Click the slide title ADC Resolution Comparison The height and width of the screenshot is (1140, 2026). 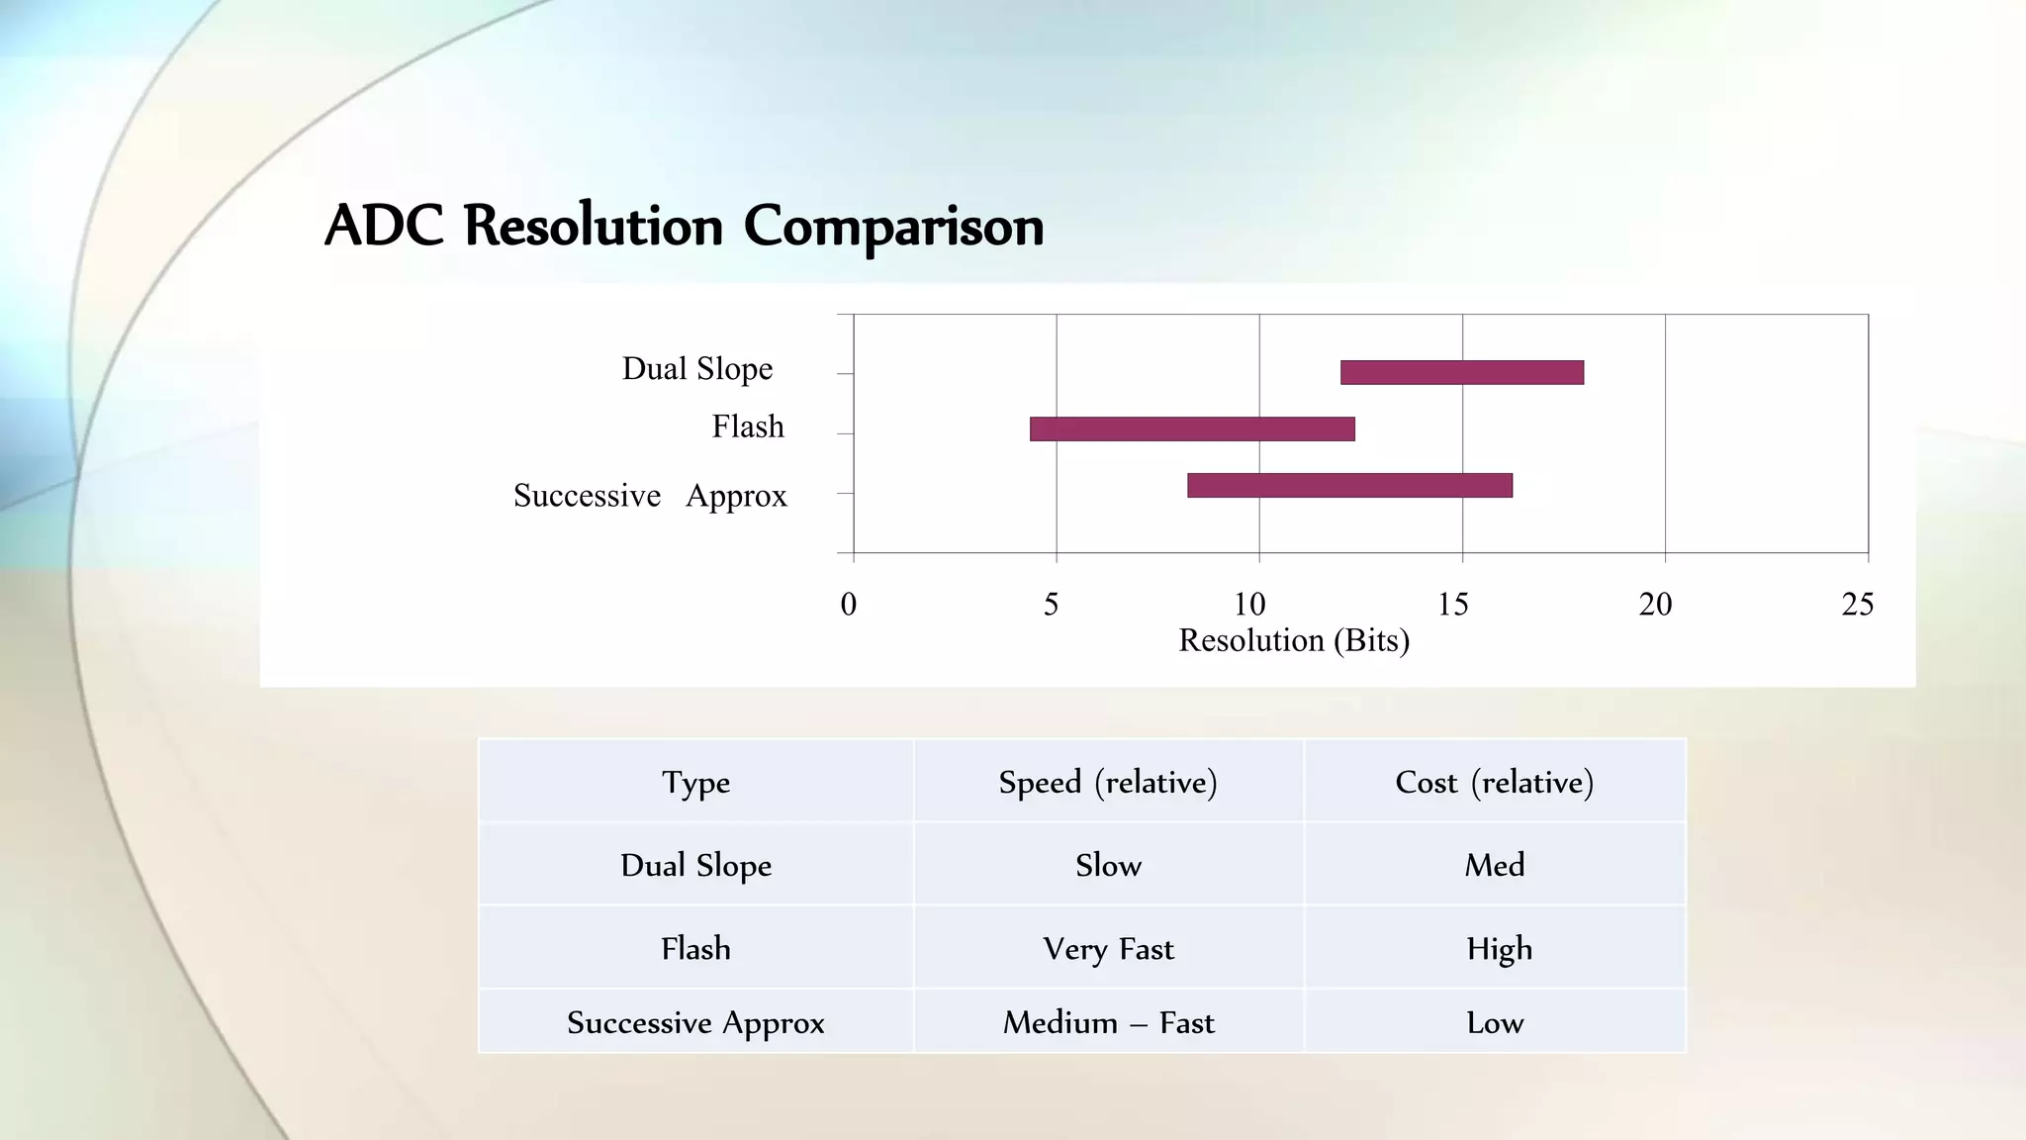(684, 226)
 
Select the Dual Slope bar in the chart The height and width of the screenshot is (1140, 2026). (1461, 372)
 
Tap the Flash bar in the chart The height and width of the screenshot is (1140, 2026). (1192, 428)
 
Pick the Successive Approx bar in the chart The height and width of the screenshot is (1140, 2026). (1349, 485)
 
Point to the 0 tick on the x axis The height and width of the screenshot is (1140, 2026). (849, 604)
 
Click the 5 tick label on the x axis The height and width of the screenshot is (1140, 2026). (1052, 604)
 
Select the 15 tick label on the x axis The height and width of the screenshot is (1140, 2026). (1452, 604)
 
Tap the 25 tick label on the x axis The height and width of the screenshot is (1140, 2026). (1857, 604)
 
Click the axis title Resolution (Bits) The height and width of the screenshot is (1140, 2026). (1294, 640)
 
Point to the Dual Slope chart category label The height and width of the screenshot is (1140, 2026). (697, 369)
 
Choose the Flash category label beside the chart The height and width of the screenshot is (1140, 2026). (748, 427)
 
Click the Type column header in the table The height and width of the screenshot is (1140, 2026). (696, 782)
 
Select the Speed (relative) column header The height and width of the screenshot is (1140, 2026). (1108, 782)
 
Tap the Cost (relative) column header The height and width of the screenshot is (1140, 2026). (1494, 782)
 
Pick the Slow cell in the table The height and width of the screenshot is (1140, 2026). (1108, 865)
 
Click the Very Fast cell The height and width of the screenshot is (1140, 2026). (1108, 949)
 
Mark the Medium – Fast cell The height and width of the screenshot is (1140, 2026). (1108, 1022)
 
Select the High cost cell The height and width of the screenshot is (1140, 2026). (1499, 949)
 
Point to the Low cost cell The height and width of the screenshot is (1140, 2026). (1495, 1022)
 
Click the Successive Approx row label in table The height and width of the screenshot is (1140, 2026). (695, 1022)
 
